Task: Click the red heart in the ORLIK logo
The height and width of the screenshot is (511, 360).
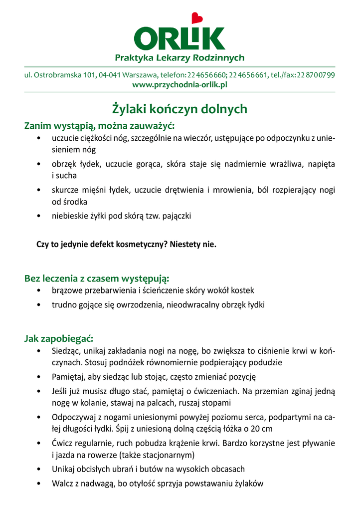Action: tap(198, 18)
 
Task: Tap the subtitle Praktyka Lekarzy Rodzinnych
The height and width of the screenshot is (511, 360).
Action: tap(180, 58)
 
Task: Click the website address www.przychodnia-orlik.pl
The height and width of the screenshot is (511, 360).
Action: tap(180, 85)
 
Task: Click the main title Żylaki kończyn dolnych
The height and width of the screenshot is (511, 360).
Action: tap(180, 108)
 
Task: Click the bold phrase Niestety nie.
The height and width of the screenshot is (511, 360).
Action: tap(193, 245)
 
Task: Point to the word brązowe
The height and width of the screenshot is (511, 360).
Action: tap(67, 290)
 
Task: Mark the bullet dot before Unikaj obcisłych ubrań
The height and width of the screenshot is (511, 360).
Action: tap(39, 470)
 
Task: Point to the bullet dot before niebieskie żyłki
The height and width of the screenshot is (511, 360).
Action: tap(39, 217)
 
